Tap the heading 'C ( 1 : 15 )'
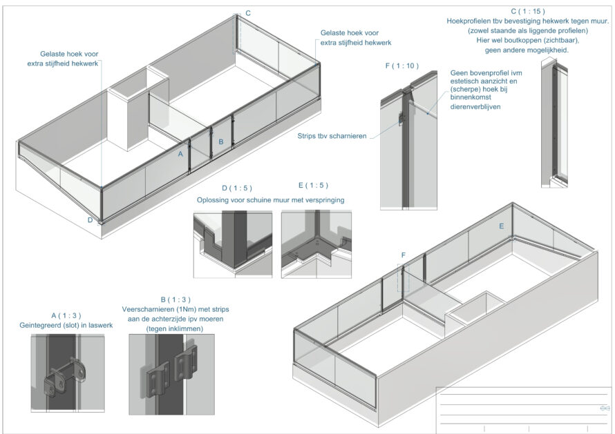coord(528,12)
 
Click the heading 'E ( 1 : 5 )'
coord(312,186)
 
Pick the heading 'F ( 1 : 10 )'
coord(401,66)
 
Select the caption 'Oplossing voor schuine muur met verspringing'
coord(271,200)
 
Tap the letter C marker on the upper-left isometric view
coord(248,13)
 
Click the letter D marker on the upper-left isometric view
coord(90,220)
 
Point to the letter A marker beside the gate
coord(180,154)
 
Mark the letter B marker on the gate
coord(220,141)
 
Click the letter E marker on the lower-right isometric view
coord(500,226)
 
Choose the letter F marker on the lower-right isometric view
coord(403,255)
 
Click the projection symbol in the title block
coord(603,408)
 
